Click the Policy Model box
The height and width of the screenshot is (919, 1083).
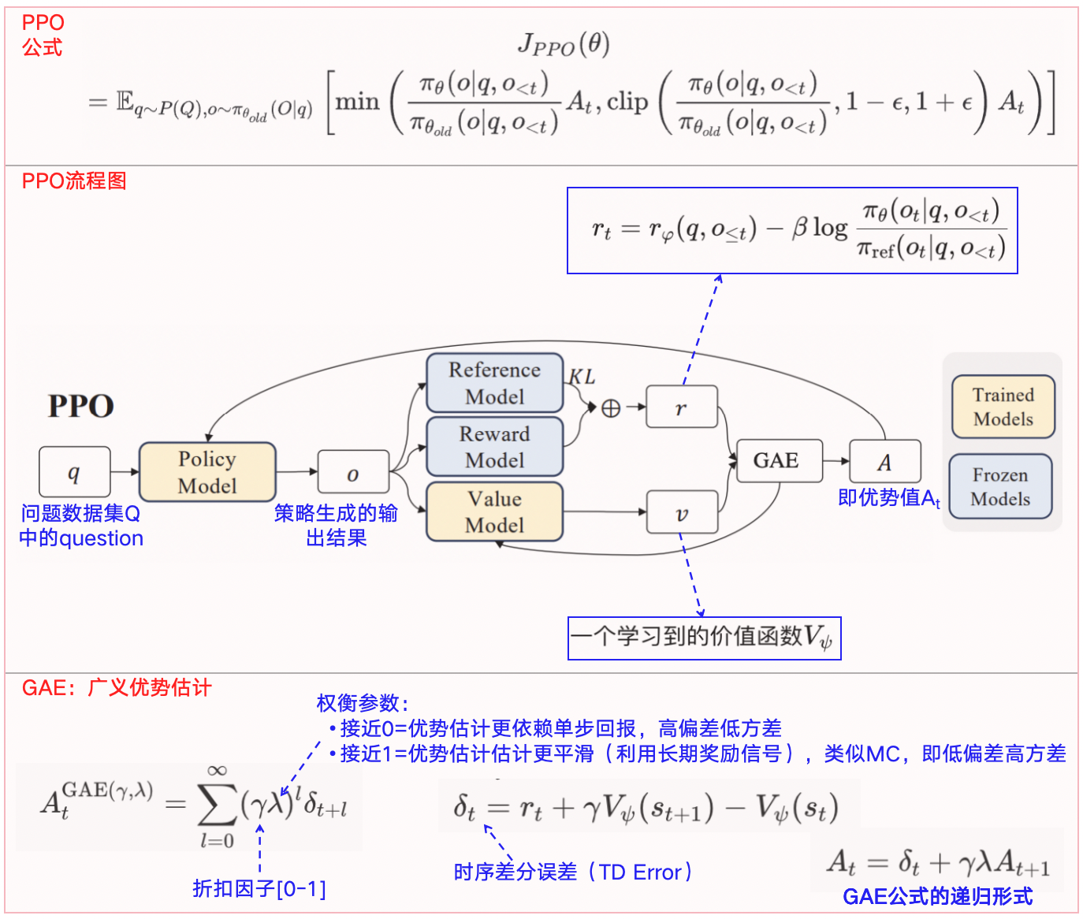click(207, 472)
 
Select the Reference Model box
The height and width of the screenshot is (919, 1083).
click(494, 383)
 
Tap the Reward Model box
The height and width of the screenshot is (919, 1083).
click(494, 447)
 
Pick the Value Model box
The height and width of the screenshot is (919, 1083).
click(494, 512)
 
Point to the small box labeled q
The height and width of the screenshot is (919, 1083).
click(74, 472)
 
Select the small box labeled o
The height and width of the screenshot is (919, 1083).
click(353, 473)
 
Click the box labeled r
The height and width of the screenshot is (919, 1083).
click(681, 407)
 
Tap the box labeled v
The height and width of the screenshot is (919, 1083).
click(681, 513)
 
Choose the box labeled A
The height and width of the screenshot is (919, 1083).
click(884, 462)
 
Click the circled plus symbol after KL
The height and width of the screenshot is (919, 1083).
click(611, 408)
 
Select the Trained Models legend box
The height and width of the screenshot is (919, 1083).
click(1003, 407)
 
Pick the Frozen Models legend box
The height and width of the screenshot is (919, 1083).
click(1000, 486)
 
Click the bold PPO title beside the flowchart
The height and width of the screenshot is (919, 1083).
click(81, 407)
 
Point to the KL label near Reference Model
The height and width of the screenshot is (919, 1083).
click(582, 377)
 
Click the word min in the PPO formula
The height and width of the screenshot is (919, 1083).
click(357, 102)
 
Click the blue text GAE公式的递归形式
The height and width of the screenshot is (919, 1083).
click(937, 896)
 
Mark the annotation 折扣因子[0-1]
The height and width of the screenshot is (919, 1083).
click(259, 889)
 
